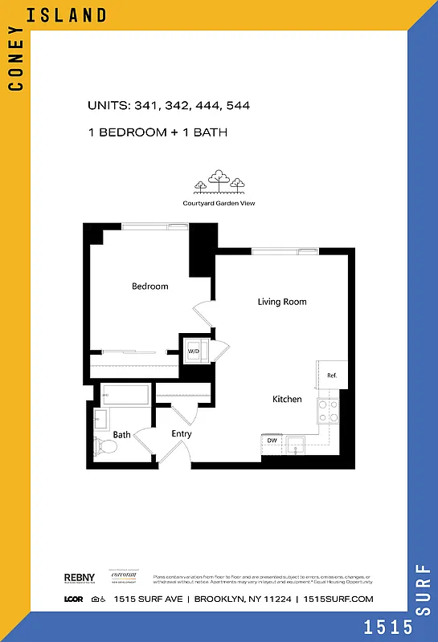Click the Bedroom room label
click(150, 286)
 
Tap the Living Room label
click(282, 302)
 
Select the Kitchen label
click(287, 399)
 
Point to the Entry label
click(182, 434)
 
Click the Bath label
click(121, 435)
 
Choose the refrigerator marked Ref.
click(331, 375)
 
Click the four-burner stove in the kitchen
click(329, 411)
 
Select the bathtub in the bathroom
click(125, 395)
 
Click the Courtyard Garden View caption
click(219, 203)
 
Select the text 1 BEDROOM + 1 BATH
click(158, 132)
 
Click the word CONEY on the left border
click(14, 64)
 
